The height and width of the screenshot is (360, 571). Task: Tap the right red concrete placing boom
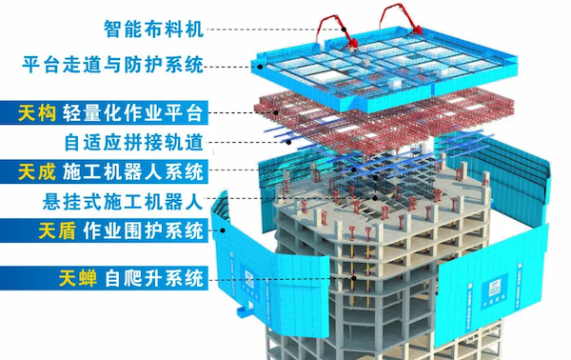(x=395, y=21)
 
